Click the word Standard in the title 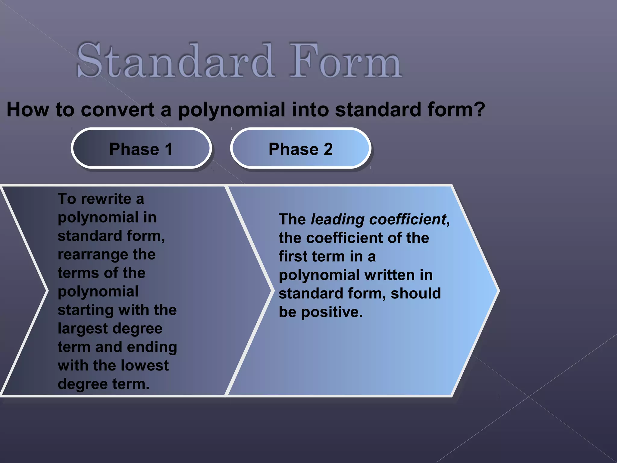tap(175, 60)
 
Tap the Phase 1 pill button tap(141, 149)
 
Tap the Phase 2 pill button tap(300, 149)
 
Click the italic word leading tap(337, 219)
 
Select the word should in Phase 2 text tap(415, 294)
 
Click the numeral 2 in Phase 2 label tap(328, 149)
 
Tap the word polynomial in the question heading tap(231, 110)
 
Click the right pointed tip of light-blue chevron tap(498, 291)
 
